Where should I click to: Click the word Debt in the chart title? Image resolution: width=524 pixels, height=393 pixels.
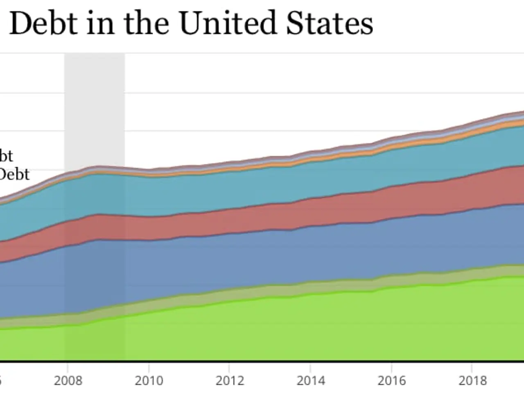click(43, 23)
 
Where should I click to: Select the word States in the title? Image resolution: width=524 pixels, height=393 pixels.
click(330, 23)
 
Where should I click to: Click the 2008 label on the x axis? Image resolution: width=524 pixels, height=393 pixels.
click(68, 381)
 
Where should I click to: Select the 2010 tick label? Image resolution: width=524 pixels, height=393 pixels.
click(149, 381)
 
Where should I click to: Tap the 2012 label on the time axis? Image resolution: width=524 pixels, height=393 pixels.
click(230, 381)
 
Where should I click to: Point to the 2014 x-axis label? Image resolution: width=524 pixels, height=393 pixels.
click(311, 381)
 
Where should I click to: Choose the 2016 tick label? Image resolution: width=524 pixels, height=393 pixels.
click(392, 381)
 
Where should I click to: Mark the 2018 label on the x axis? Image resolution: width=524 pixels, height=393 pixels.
click(472, 381)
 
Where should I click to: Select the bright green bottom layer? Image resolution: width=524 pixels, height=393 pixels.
click(287, 327)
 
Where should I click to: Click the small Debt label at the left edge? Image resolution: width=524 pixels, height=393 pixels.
click(14, 174)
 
